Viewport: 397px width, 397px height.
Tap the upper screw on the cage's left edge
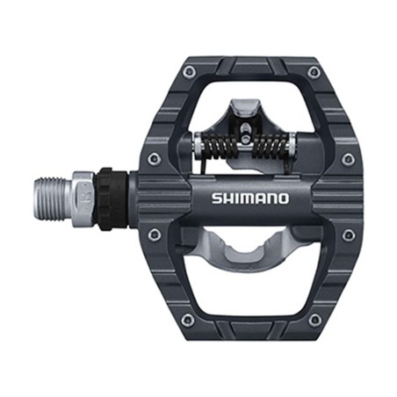155,159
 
